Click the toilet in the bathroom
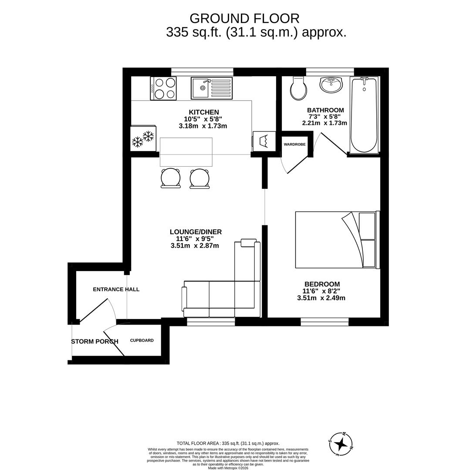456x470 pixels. (x=298, y=88)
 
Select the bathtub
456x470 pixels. (x=364, y=115)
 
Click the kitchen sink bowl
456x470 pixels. (x=201, y=88)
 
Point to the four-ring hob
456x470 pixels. (x=163, y=88)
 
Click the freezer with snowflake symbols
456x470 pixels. (x=143, y=138)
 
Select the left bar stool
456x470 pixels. (x=171, y=178)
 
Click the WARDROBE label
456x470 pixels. (x=294, y=144)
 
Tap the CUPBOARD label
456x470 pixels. (x=142, y=340)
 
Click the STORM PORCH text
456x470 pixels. (x=95, y=342)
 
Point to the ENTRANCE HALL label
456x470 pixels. (x=116, y=289)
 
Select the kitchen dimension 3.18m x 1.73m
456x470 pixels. (x=203, y=126)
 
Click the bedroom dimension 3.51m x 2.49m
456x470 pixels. (x=321, y=298)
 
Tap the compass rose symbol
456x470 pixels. (x=341, y=443)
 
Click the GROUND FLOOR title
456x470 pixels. (x=244, y=19)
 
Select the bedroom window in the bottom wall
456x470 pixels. (x=324, y=322)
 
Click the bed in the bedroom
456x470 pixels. (x=338, y=240)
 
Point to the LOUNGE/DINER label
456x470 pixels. (x=196, y=232)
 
